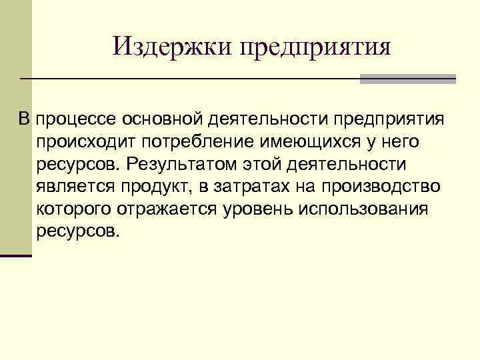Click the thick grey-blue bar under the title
[x=407, y=79]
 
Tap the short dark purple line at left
[x=16, y=255]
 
